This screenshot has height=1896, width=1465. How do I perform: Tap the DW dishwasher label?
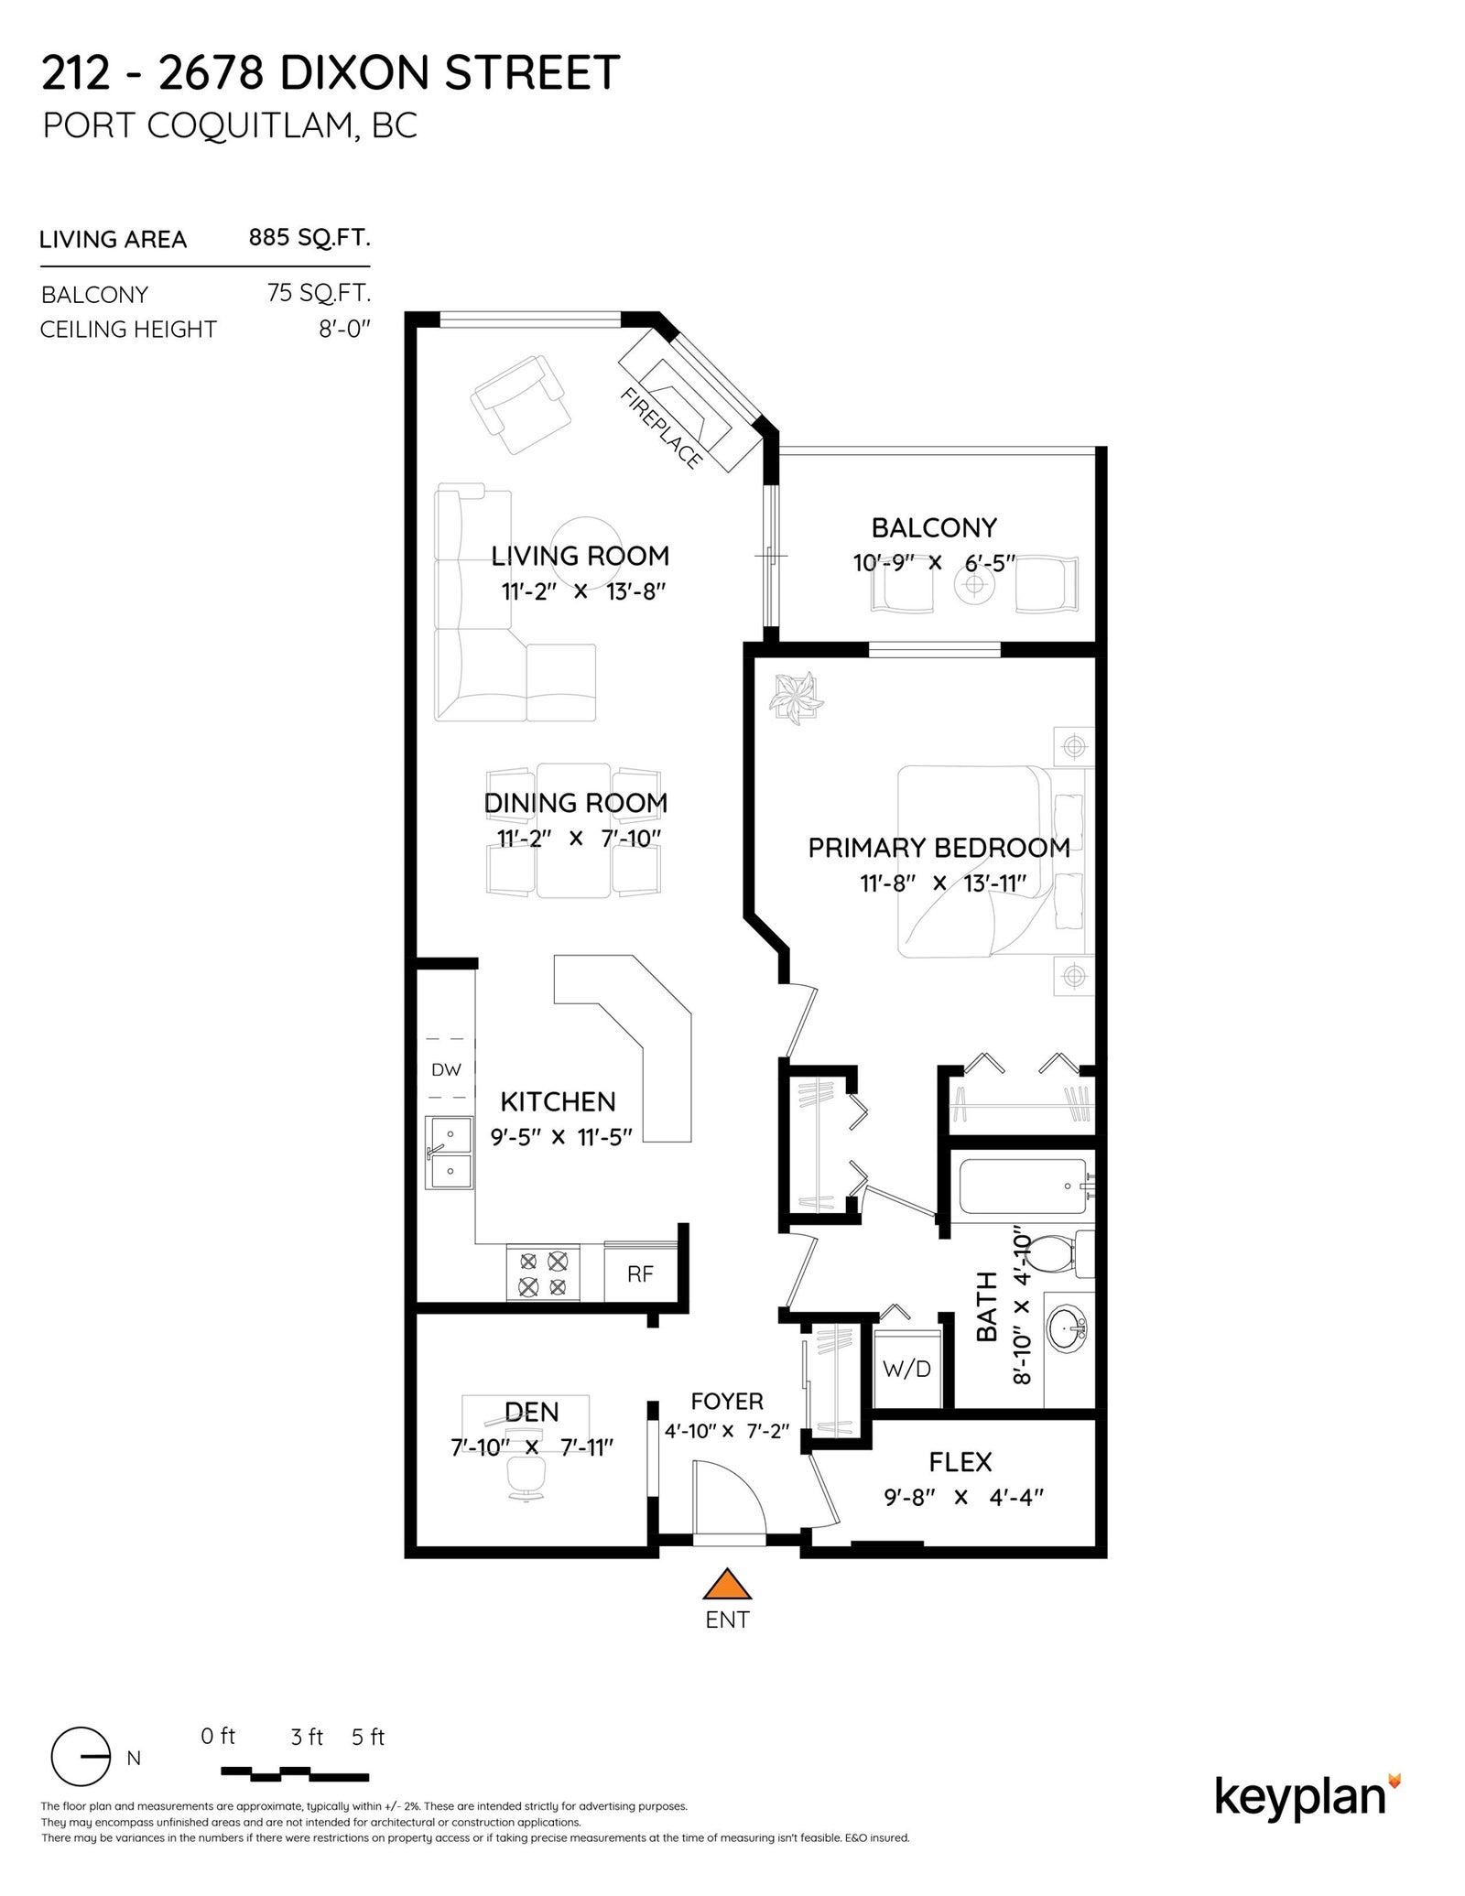coord(446,1068)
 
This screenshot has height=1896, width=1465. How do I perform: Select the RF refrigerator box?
coord(640,1273)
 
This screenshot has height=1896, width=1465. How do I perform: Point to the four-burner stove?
coord(543,1273)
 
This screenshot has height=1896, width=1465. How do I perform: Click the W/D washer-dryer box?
coord(907,1369)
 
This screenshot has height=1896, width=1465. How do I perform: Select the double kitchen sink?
coord(449,1153)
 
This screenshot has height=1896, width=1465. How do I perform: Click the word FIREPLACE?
coord(660,428)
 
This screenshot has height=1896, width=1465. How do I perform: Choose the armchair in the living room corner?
coord(519,403)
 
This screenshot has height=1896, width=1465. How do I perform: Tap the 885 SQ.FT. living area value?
coord(309,238)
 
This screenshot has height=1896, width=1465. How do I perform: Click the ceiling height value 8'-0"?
coord(344,329)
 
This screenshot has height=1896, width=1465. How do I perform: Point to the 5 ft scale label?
coord(368,1737)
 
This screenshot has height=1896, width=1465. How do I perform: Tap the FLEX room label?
coord(960,1462)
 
